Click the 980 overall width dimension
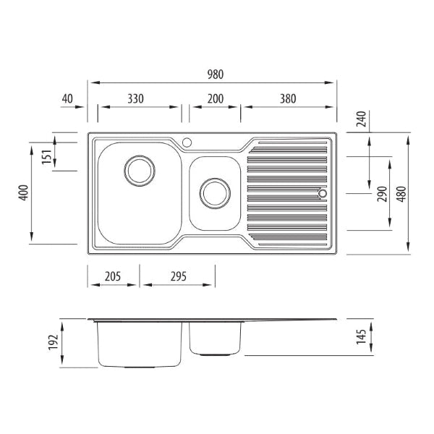click(216, 75)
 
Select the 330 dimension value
click(136, 99)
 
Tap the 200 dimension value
click(216, 99)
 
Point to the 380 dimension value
click(288, 99)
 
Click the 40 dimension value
click(67, 99)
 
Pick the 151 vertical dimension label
click(47, 157)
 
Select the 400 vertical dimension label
click(24, 192)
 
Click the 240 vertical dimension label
click(361, 119)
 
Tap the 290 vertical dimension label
click(382, 194)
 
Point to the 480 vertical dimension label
click(401, 194)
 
